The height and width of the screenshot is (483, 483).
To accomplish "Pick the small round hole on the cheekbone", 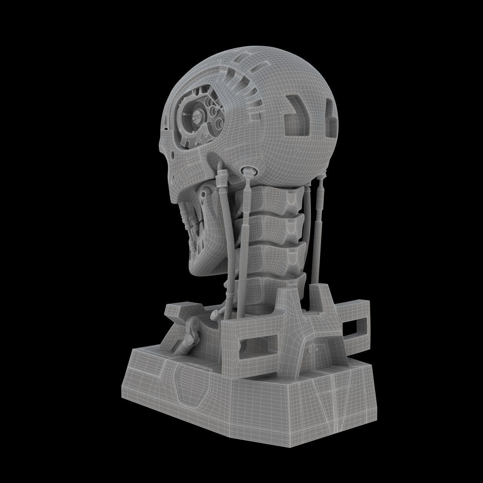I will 172,155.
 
